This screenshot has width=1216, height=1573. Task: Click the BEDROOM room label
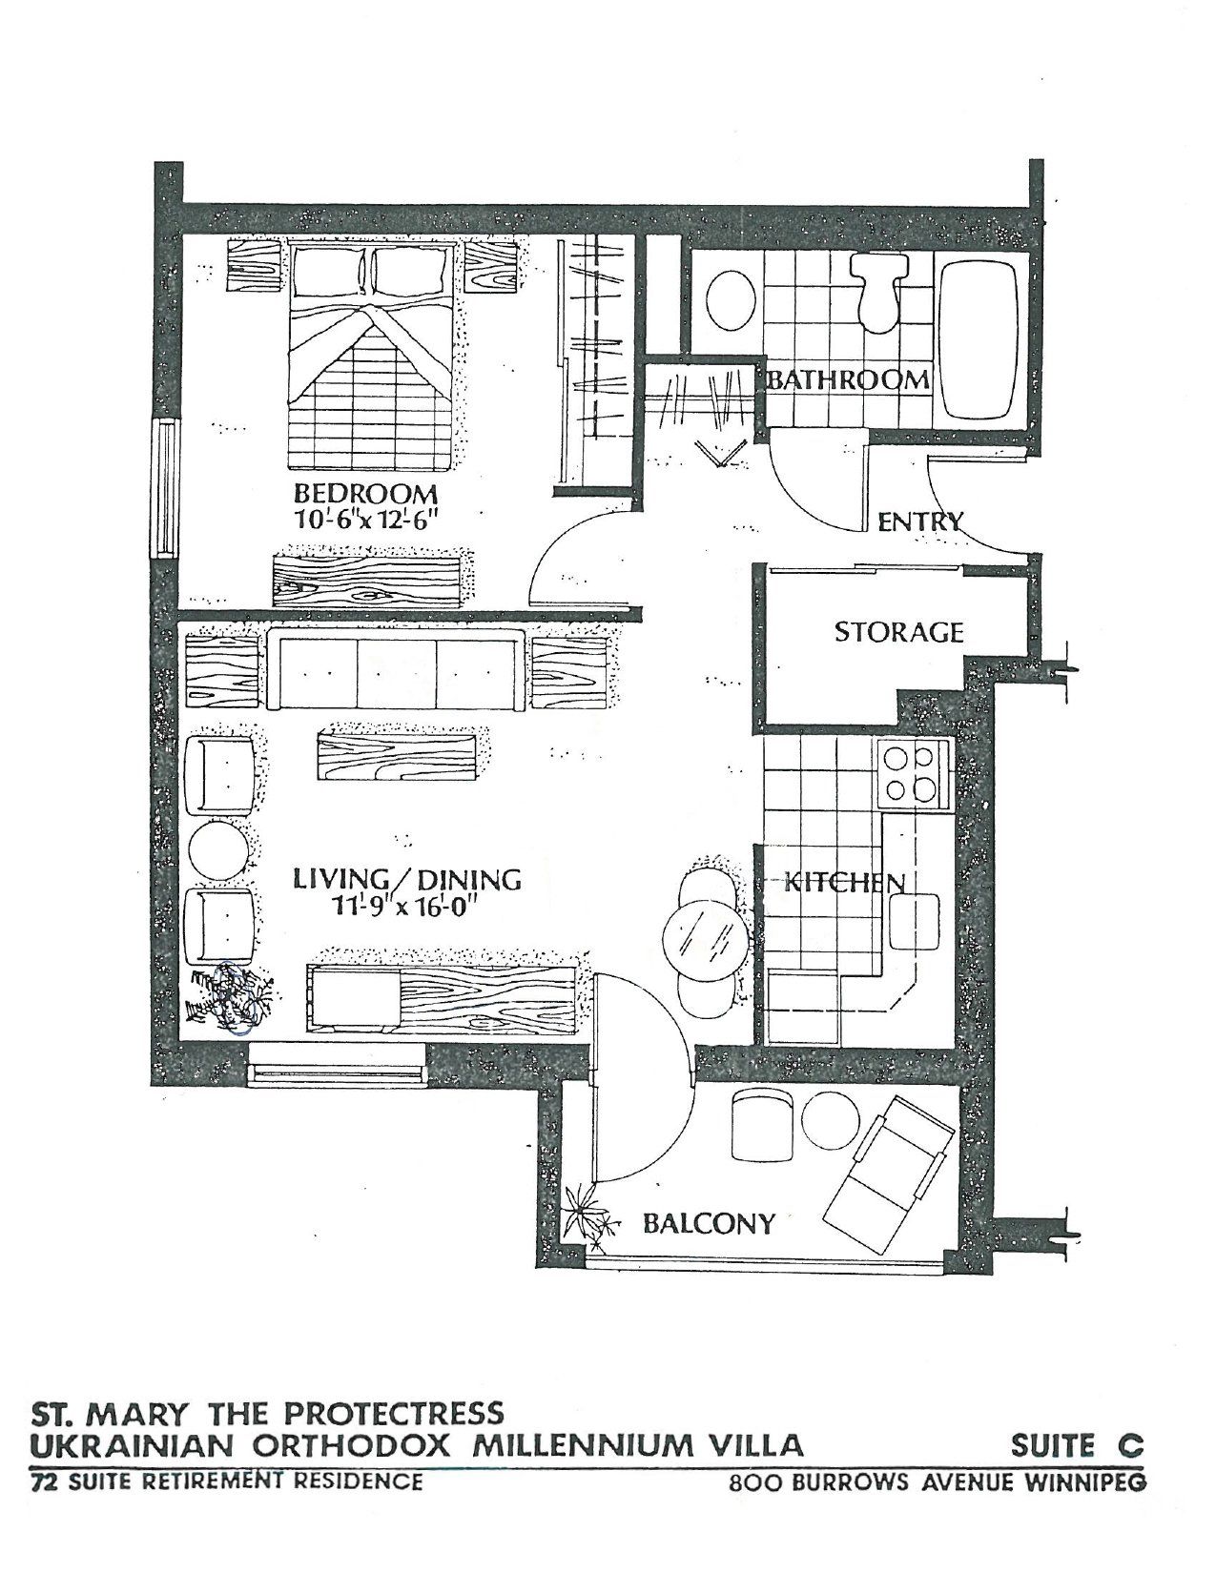[x=365, y=495]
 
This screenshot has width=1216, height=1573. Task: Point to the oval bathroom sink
[x=732, y=299]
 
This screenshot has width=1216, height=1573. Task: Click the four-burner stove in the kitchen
[x=913, y=773]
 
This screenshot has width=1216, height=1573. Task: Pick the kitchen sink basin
[x=914, y=922]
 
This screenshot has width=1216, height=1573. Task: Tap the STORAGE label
[x=898, y=632]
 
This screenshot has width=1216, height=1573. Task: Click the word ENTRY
[x=920, y=521]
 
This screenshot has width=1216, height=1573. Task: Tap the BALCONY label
[x=709, y=1223]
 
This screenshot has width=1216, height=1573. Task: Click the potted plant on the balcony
[x=588, y=1216]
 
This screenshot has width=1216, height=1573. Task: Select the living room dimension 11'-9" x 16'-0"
[x=389, y=906]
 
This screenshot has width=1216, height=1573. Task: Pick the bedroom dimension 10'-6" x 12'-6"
[x=367, y=520]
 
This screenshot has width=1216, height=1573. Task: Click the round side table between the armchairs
[x=218, y=848]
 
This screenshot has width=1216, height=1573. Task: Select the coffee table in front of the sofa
[x=396, y=756]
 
